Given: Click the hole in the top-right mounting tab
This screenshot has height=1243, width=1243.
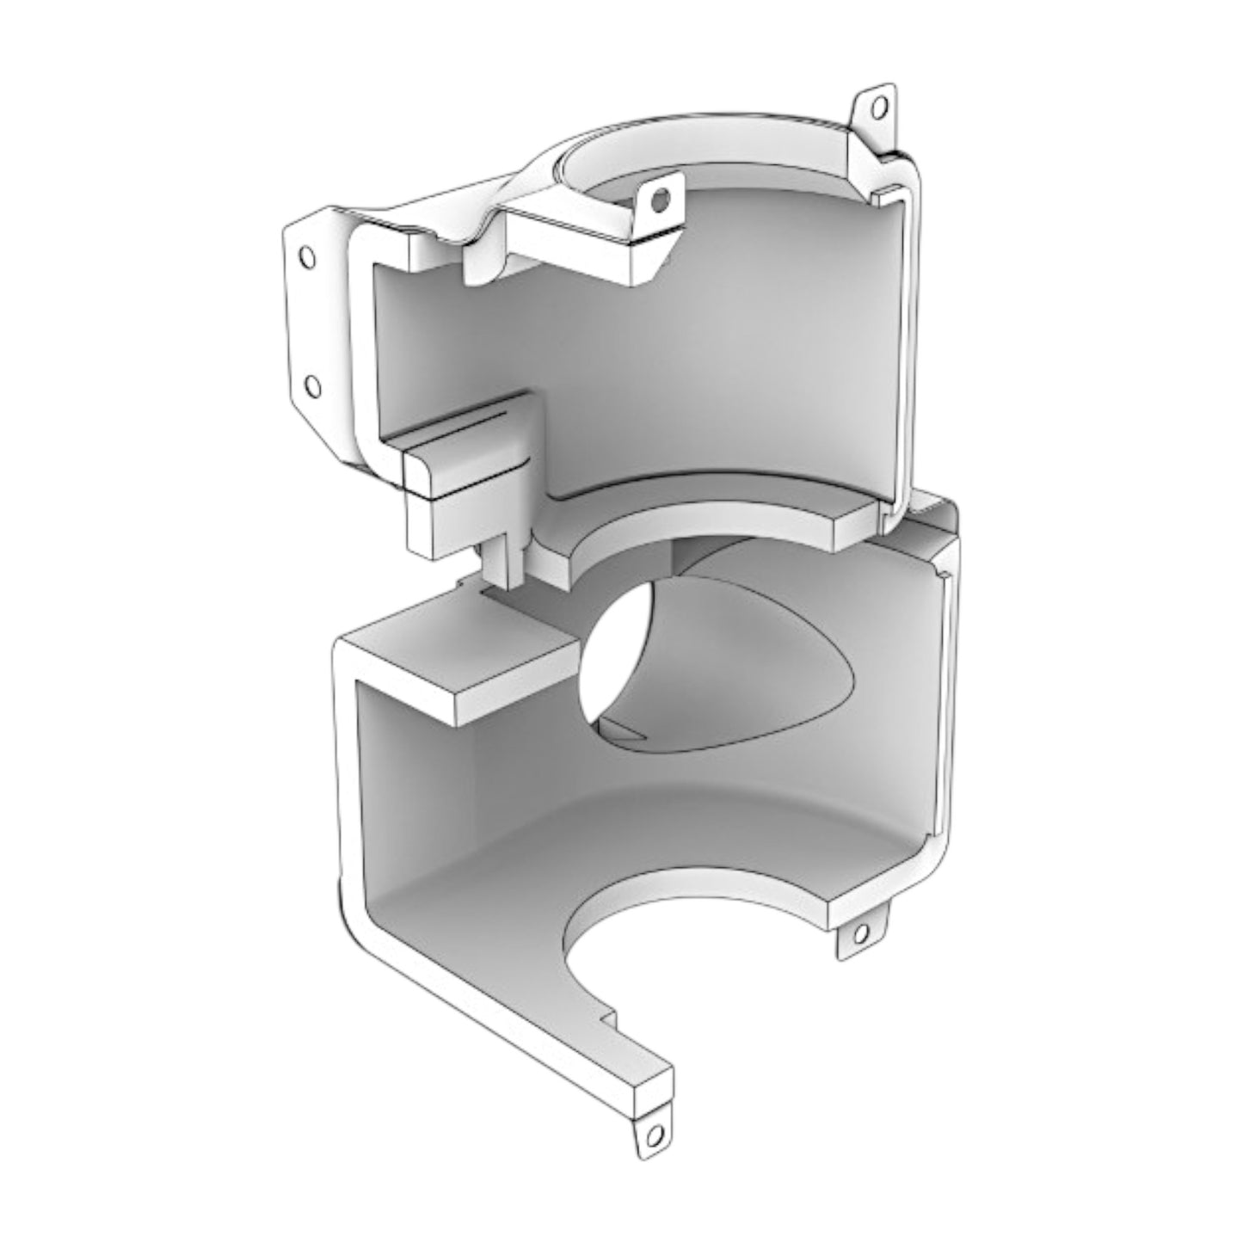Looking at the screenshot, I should point(877,108).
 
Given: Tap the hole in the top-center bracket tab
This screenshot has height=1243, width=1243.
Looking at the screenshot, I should point(660,201).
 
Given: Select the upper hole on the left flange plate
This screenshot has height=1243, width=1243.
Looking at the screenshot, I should point(306,257).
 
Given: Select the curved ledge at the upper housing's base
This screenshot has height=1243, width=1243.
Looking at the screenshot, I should point(705,525).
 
